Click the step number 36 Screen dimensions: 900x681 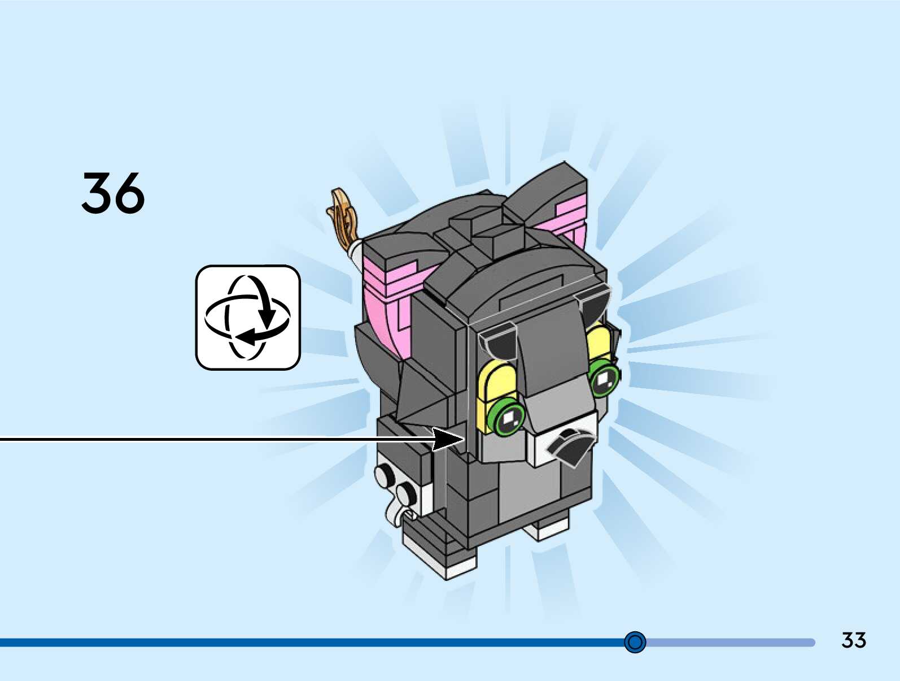[113, 193]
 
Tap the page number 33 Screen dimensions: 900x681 [853, 640]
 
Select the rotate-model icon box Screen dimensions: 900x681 [248, 318]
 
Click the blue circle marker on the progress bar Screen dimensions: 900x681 [635, 642]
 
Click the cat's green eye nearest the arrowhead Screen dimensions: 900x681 [508, 417]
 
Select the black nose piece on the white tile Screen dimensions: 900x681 [571, 445]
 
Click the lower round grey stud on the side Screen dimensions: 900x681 [405, 493]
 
